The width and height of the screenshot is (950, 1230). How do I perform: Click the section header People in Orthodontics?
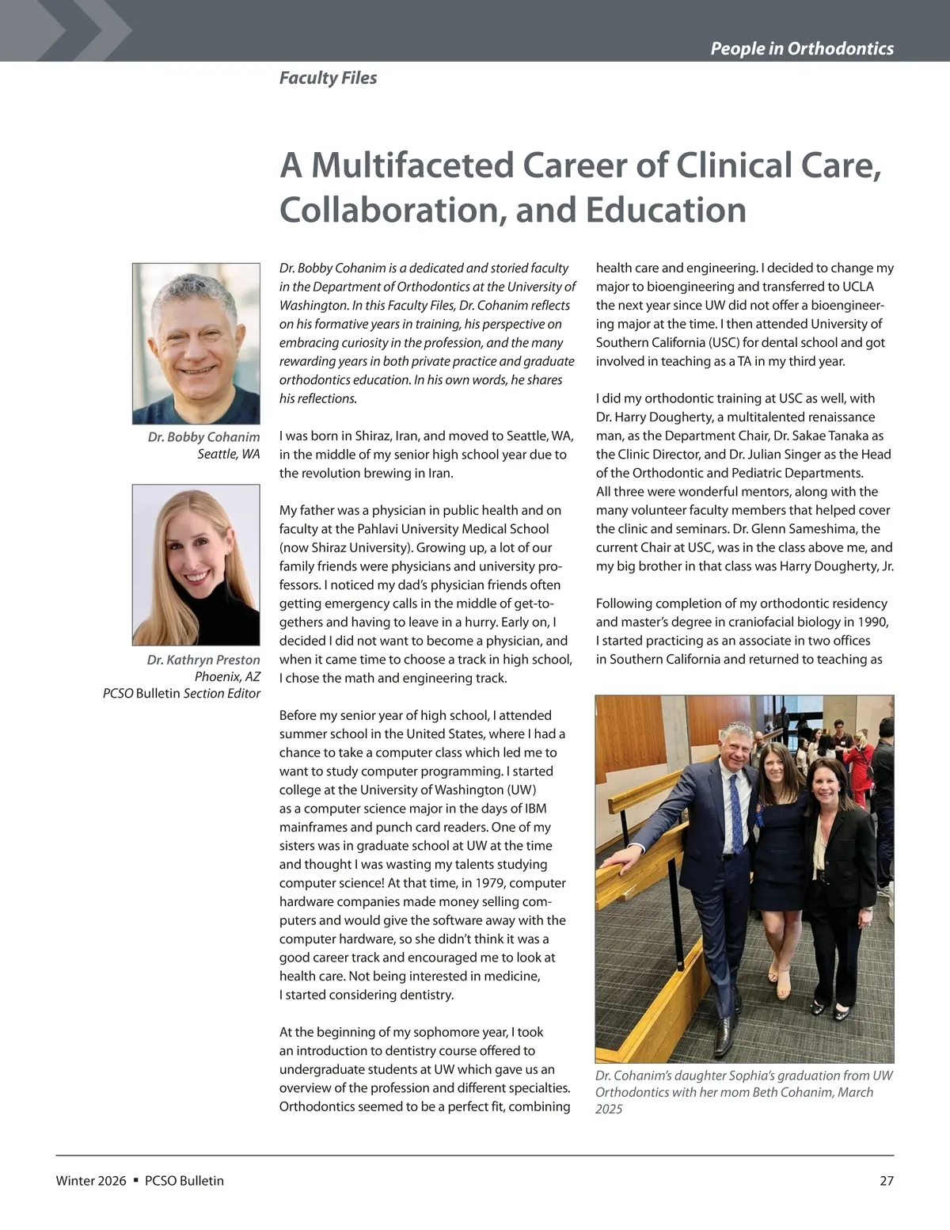point(801,48)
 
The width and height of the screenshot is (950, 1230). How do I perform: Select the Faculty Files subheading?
point(328,78)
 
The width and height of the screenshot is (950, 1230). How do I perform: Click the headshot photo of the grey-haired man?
point(196,343)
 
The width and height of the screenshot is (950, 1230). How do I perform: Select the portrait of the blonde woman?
point(196,564)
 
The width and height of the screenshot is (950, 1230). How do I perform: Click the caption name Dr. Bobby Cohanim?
point(203,437)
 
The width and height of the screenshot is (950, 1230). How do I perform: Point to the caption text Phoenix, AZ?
point(227,676)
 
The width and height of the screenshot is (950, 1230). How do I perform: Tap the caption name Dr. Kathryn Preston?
point(203,660)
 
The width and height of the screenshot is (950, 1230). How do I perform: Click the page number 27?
point(886,1181)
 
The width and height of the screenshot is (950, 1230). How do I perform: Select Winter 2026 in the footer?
point(91,1181)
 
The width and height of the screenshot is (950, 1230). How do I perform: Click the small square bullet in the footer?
point(136,1180)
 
